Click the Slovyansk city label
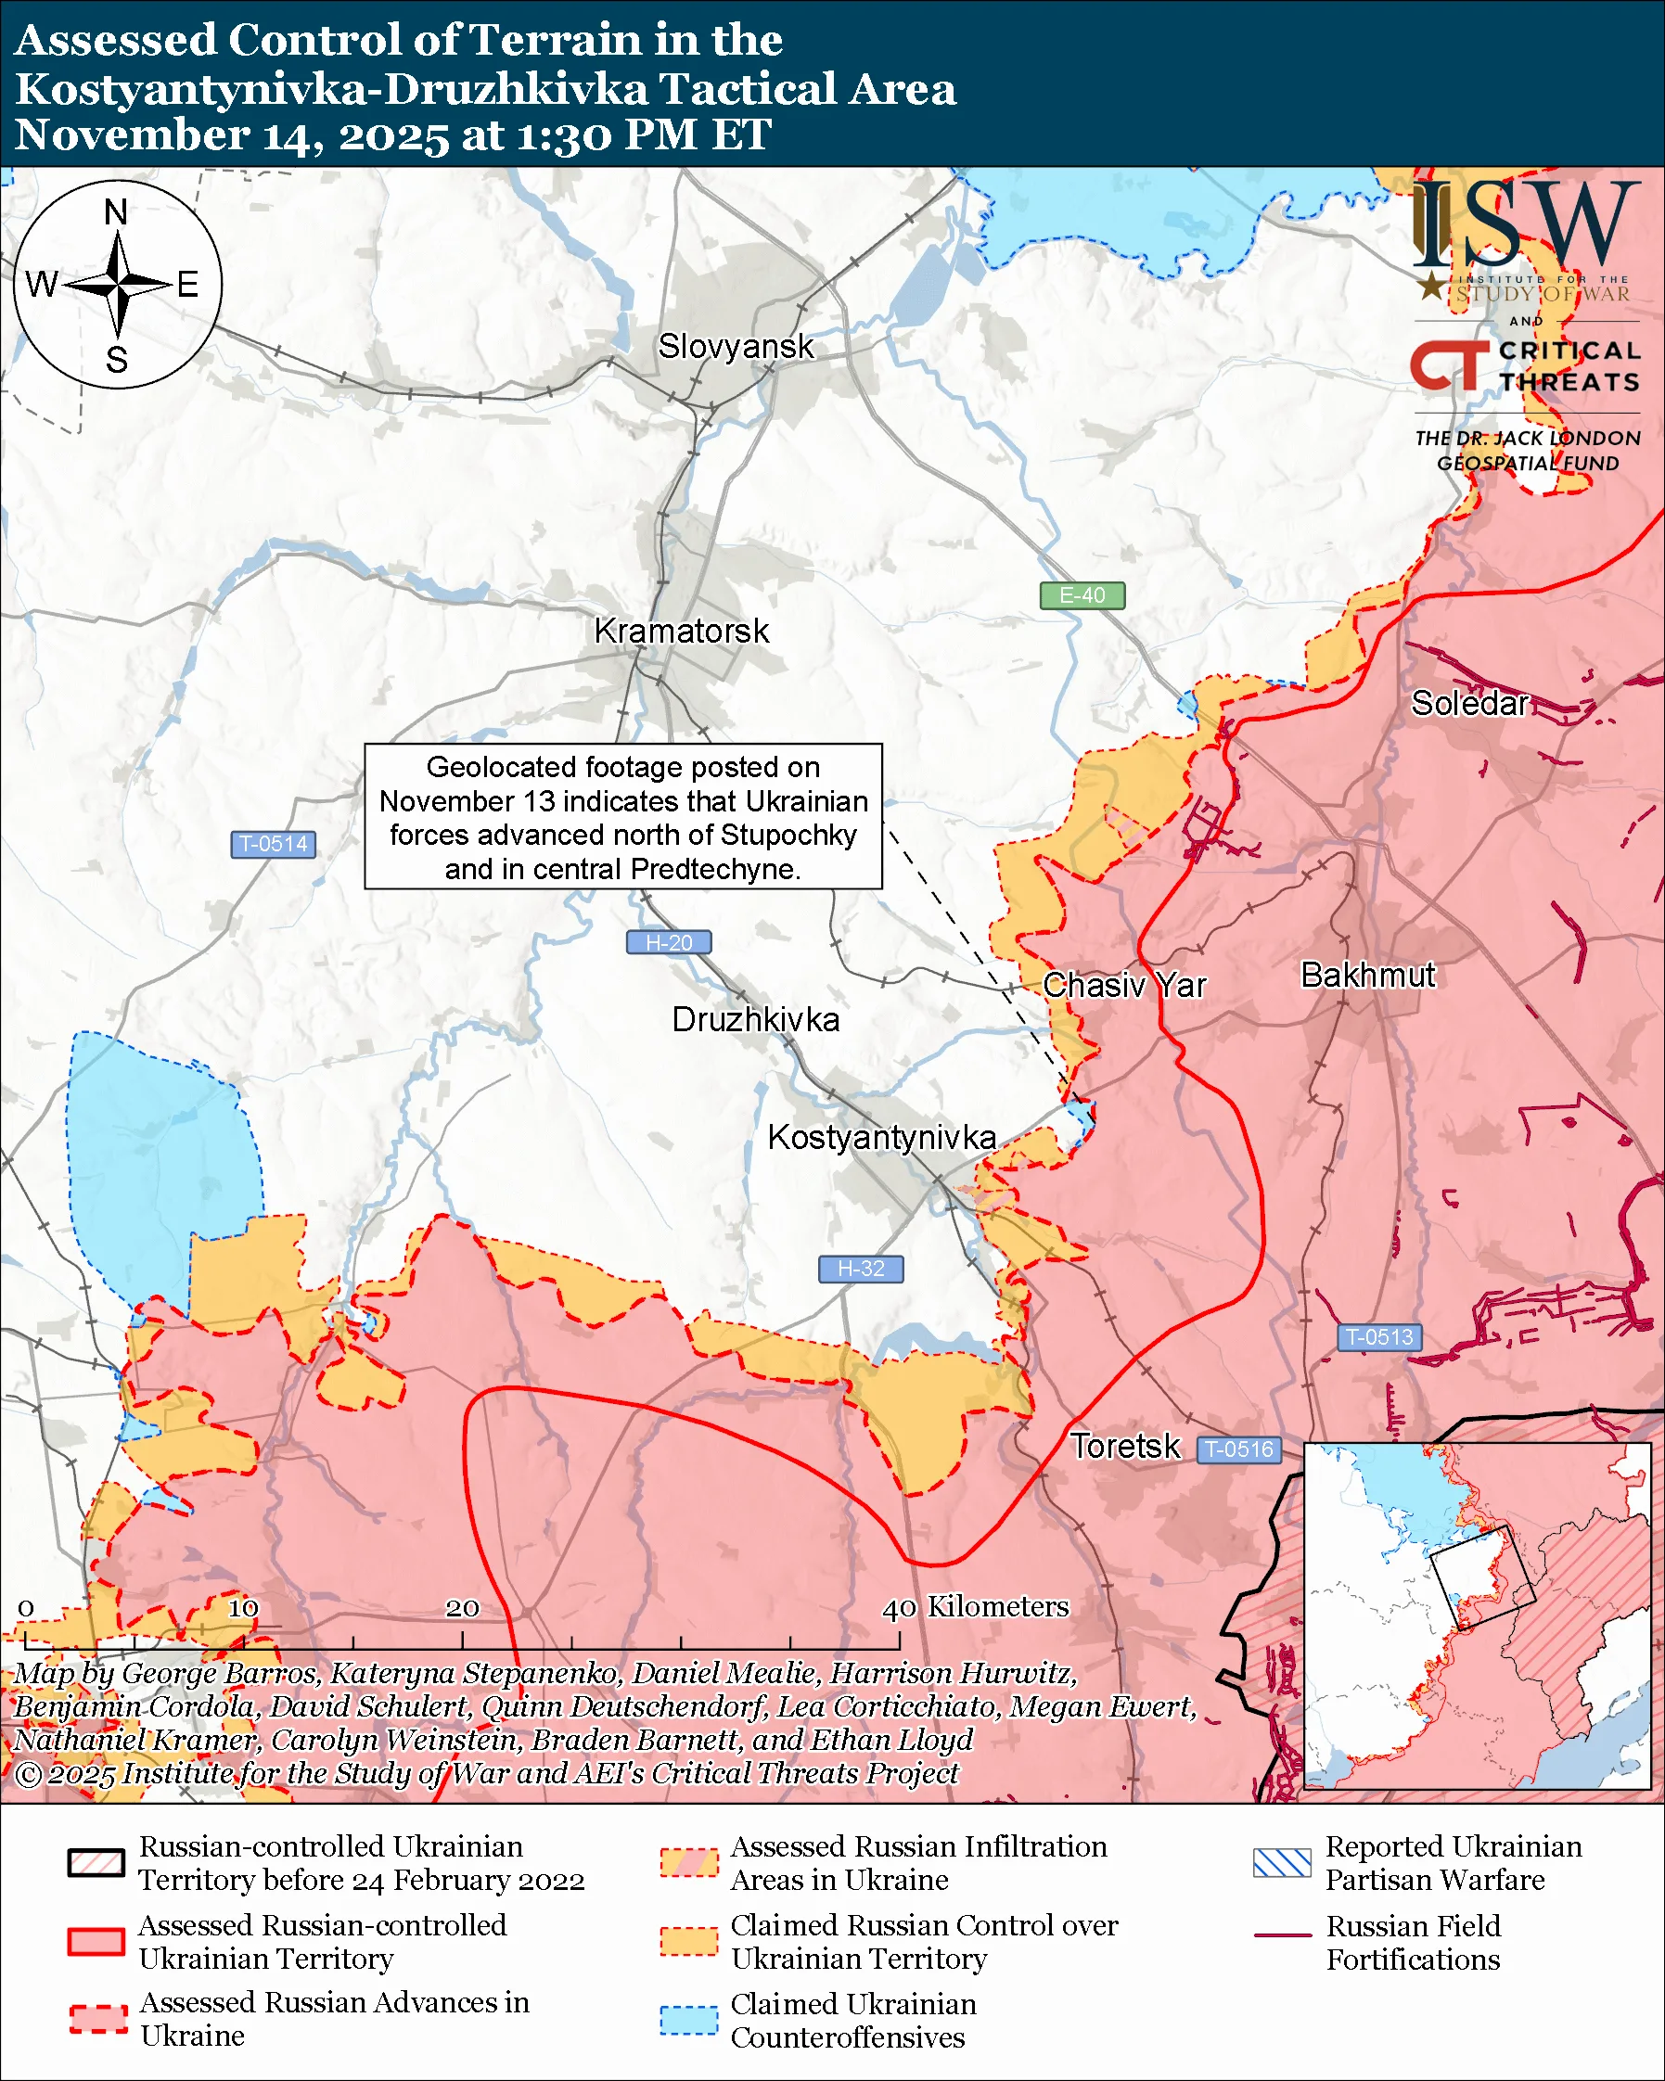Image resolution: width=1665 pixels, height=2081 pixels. coord(736,347)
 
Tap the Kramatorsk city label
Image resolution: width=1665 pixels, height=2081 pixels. coord(682,632)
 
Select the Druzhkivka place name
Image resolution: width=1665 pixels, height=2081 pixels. coord(755,1020)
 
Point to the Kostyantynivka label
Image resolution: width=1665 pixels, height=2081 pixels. coord(881,1138)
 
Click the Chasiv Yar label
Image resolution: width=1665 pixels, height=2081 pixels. coord(1123,986)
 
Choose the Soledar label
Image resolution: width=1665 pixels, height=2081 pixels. coord(1469,704)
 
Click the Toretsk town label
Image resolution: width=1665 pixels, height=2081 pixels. coord(1124,1447)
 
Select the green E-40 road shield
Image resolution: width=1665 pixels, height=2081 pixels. coord(1082,595)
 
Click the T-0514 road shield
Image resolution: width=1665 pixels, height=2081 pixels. coord(273,845)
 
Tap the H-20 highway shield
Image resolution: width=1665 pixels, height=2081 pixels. coord(669,943)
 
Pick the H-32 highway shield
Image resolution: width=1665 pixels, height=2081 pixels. coord(860,1270)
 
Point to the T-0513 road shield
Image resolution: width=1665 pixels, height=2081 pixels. coord(1378,1338)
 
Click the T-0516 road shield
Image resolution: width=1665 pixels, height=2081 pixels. coord(1239,1449)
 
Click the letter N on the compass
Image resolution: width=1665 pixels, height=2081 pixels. coord(116,212)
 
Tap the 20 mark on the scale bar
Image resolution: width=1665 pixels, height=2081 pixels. coord(461,1608)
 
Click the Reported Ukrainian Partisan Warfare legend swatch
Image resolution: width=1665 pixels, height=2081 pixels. coord(1282,1863)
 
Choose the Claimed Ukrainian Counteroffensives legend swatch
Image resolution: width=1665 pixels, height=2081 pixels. coord(688,2020)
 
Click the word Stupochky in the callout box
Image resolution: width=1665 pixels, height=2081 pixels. coord(788,835)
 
